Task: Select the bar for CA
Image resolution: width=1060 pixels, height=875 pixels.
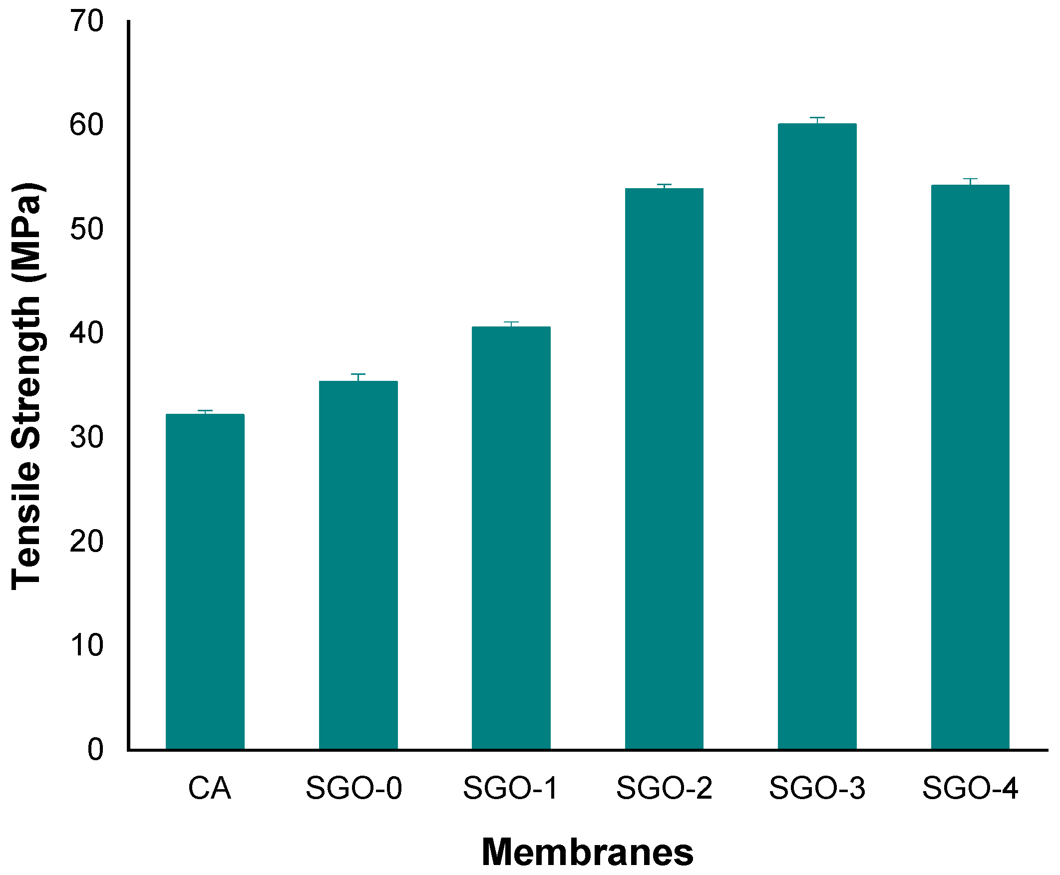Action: click(x=205, y=582)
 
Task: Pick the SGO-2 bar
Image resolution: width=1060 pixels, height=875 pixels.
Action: click(x=665, y=469)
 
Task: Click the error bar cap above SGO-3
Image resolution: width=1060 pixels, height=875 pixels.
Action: click(x=817, y=118)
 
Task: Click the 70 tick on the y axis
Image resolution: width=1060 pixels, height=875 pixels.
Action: click(x=86, y=21)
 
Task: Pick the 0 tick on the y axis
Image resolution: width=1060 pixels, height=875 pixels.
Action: click(x=95, y=750)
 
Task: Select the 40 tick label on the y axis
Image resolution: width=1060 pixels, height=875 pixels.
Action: click(x=86, y=333)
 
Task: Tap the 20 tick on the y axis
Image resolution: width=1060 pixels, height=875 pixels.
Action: click(x=86, y=542)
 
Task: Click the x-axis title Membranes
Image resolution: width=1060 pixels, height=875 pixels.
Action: click(x=587, y=853)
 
